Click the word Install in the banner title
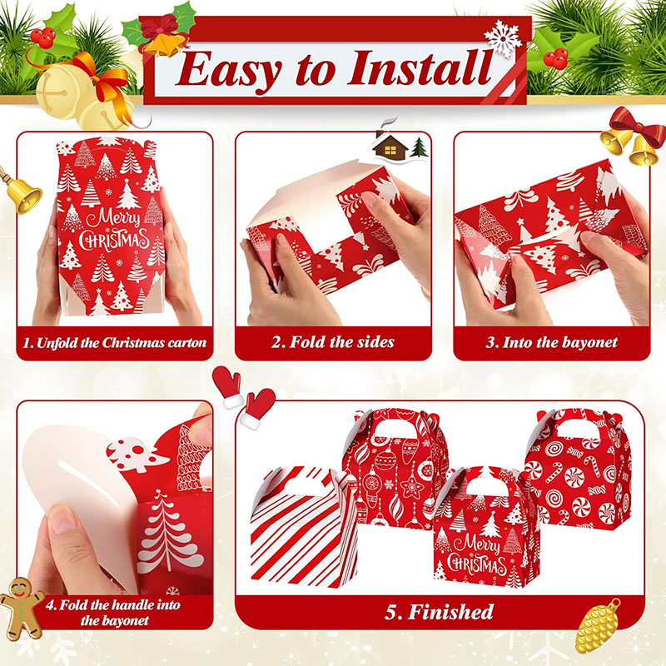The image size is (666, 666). (420, 69)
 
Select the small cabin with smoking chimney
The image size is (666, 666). (390, 145)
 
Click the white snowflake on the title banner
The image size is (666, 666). (504, 38)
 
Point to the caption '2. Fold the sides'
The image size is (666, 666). (333, 342)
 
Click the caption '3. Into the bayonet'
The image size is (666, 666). (551, 342)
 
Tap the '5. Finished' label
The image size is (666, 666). (440, 612)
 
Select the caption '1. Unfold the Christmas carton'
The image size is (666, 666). (114, 343)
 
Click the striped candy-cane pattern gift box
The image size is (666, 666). (304, 527)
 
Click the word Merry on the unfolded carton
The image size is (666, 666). (113, 219)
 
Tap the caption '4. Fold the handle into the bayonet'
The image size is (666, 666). (114, 613)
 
